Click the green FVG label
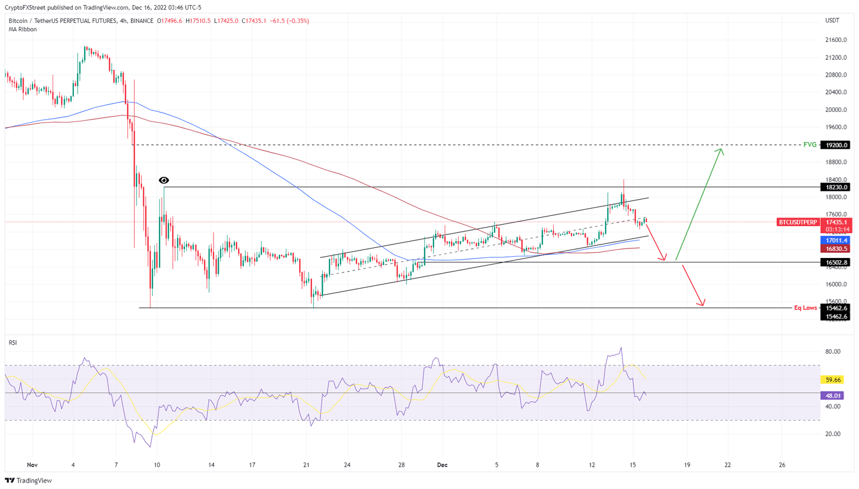[809, 145]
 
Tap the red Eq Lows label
[805, 308]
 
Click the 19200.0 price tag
[835, 145]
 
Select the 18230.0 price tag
[835, 187]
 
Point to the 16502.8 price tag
[835, 262]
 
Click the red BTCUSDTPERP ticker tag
[797, 222]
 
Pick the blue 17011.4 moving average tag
[835, 241]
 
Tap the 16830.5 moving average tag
[835, 249]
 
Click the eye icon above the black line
[164, 180]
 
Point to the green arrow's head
[721, 149]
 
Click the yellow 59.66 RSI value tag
[833, 380]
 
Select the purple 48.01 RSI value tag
[833, 396]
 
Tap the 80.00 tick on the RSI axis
[833, 351]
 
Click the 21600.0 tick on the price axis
[836, 40]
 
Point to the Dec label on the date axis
[442, 465]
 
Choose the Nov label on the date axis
[32, 465]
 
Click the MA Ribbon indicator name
[23, 29]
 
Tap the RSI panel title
[13, 342]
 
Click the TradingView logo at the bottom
[29, 481]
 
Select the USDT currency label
[832, 21]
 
